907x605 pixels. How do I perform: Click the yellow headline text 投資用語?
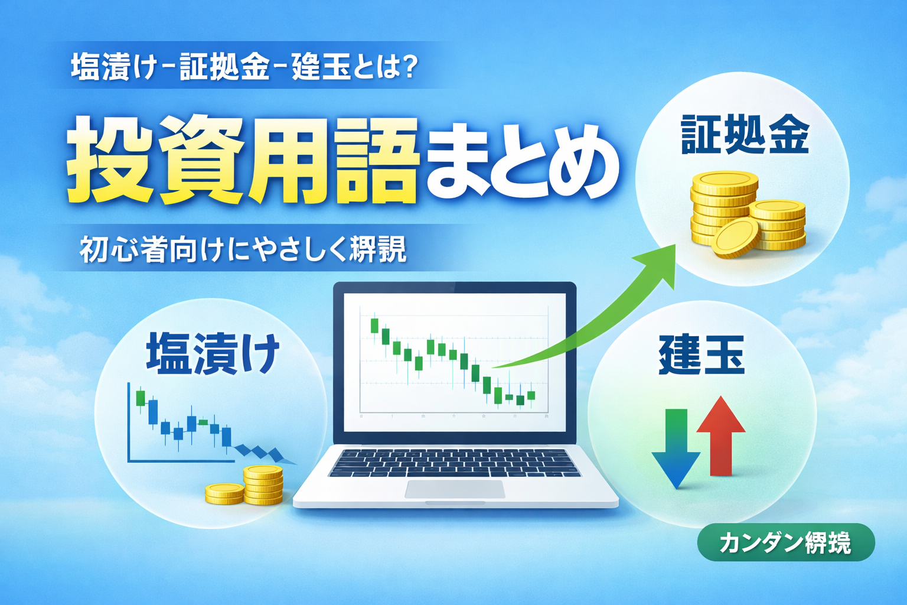(242, 160)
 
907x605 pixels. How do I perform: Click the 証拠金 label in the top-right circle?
(745, 135)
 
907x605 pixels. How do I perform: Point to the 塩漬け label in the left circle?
(213, 353)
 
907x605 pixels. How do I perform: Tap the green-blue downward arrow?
(676, 449)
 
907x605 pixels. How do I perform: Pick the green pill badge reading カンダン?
(785, 542)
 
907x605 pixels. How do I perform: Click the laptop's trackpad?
(455, 489)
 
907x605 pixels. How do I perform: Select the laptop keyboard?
(455, 462)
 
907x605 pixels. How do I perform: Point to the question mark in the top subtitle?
(407, 67)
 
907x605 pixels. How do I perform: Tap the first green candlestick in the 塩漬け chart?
(141, 398)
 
